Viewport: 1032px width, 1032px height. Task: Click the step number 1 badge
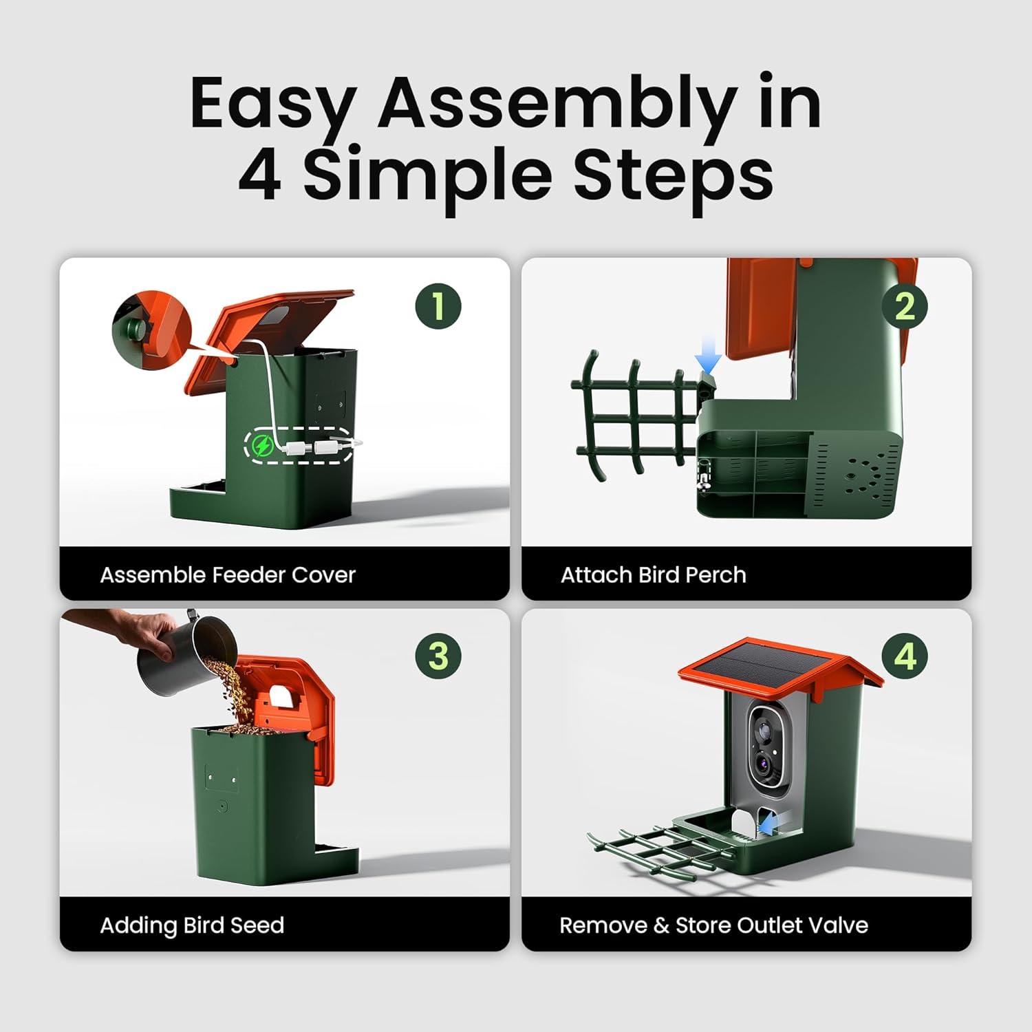tap(438, 306)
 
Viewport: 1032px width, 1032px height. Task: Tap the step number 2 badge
tap(905, 306)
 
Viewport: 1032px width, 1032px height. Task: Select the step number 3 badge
tap(438, 656)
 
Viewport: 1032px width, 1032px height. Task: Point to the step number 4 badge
tap(905, 656)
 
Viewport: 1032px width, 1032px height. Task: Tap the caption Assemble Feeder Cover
tap(228, 574)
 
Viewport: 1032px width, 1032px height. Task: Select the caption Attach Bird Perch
tap(653, 574)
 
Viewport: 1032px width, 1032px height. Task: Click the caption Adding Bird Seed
tap(192, 925)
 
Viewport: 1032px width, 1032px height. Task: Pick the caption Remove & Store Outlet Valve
tap(713, 925)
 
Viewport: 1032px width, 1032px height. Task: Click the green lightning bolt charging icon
tap(261, 446)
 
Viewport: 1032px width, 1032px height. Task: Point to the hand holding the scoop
tap(124, 630)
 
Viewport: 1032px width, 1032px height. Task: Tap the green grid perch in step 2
tap(636, 415)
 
